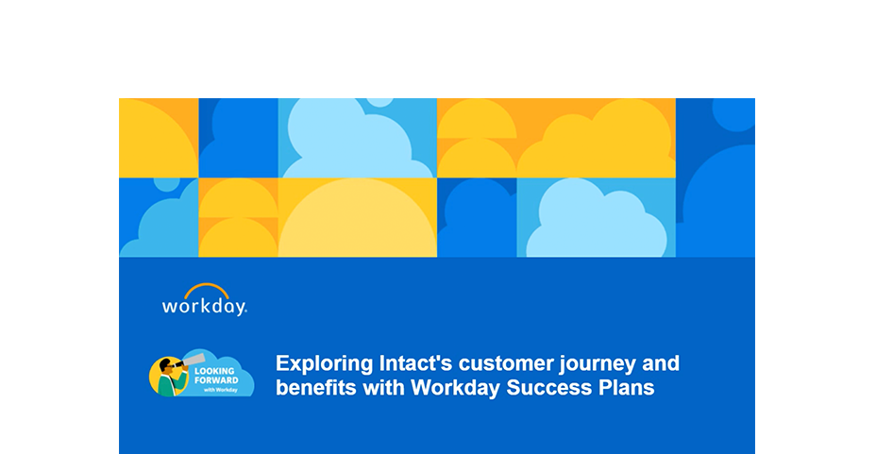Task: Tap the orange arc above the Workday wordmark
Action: click(x=207, y=287)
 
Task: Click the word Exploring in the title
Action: click(x=324, y=364)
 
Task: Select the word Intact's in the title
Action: click(x=415, y=363)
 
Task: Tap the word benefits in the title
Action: click(x=315, y=387)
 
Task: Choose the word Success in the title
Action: click(x=548, y=388)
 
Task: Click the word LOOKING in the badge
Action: click(x=214, y=371)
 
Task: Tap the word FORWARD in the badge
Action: click(x=216, y=380)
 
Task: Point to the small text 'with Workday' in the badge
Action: click(x=221, y=390)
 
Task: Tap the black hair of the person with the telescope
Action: click(x=165, y=364)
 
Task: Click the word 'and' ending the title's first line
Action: click(x=661, y=363)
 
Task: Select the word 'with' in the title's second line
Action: click(x=383, y=388)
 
